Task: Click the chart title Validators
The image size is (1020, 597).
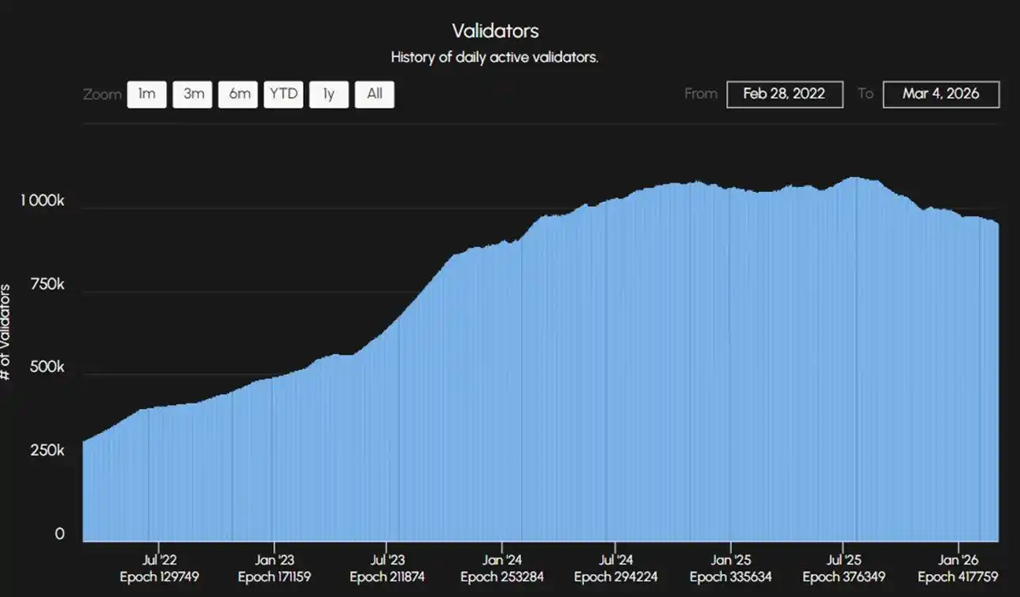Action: point(495,31)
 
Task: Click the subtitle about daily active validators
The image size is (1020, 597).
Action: point(494,57)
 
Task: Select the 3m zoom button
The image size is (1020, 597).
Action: point(193,94)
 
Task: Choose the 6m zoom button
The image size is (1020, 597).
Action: point(238,94)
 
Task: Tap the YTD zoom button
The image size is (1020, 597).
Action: point(283,94)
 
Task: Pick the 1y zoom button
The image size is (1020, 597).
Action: point(329,94)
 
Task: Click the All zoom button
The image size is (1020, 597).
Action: point(375,94)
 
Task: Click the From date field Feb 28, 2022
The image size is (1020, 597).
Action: point(784,94)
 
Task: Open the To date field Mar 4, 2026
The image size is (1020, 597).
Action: point(941,94)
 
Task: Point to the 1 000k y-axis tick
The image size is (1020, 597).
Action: point(42,201)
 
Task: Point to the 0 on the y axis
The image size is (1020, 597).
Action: point(59,534)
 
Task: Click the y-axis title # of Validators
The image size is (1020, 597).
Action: point(6,332)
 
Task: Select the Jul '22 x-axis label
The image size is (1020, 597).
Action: point(160,560)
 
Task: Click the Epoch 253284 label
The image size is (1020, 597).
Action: point(502,577)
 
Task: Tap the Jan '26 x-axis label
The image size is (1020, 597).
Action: point(958,560)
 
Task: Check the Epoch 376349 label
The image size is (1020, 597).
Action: point(844,577)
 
